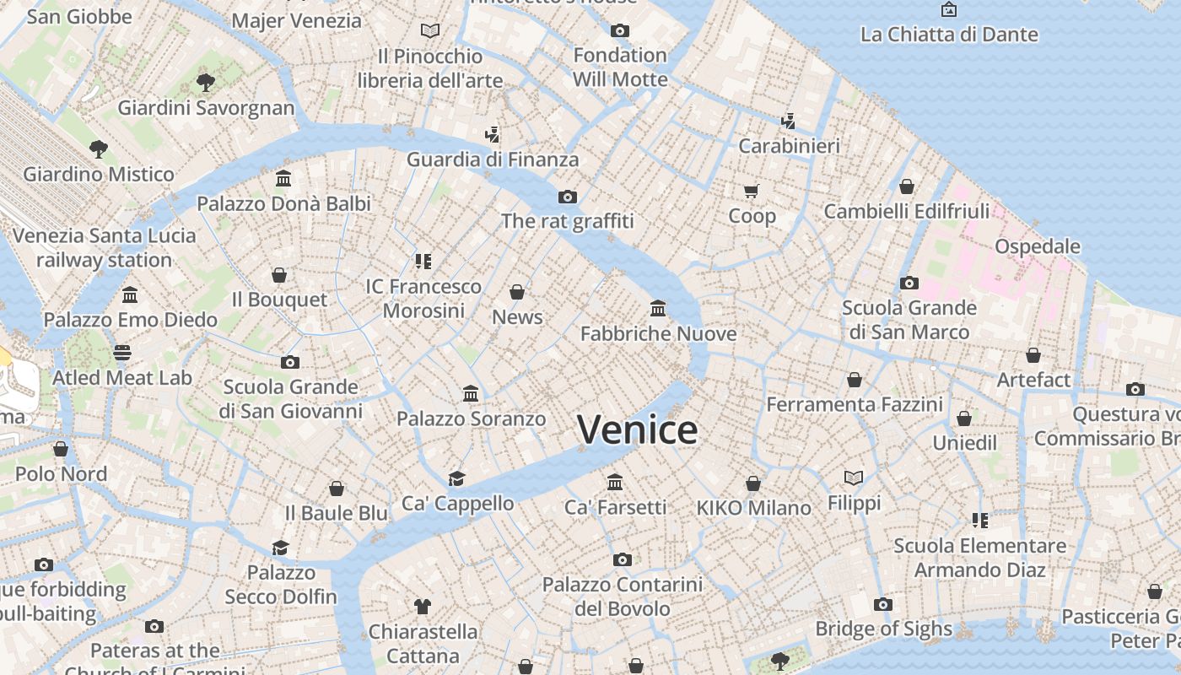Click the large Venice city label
[638, 429]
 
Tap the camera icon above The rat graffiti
[568, 197]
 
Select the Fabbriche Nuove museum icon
[658, 309]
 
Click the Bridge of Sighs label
[883, 629]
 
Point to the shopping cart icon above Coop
[752, 191]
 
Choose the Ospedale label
[1038, 246]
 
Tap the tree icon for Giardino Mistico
[99, 149]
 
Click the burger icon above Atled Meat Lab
[122, 353]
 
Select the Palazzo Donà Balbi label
[283, 203]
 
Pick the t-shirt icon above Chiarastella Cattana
[423, 606]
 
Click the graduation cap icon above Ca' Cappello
[457, 478]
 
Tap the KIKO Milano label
[753, 508]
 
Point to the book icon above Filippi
[854, 478]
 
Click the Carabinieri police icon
[789, 121]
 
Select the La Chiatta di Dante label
[949, 35]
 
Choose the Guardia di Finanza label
[493, 159]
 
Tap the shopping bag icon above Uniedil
[964, 418]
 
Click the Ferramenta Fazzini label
[855, 404]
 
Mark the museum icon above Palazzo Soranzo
[471, 394]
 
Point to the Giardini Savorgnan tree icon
[205, 82]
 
